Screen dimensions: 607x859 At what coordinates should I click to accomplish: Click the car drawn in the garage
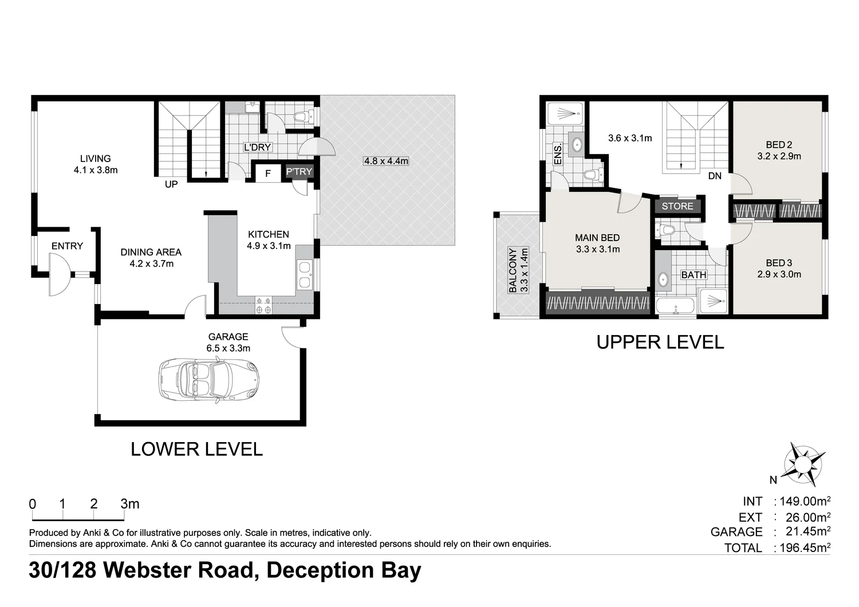pos(208,380)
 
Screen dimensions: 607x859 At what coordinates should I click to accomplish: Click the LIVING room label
pos(95,159)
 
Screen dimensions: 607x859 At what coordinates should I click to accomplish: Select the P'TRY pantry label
pos(299,172)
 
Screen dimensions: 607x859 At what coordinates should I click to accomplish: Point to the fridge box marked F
pos(267,174)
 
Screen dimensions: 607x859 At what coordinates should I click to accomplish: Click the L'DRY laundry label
pos(257,147)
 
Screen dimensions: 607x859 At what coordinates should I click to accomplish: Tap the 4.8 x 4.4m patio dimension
pos(386,161)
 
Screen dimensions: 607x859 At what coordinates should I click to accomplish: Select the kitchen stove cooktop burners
pos(264,305)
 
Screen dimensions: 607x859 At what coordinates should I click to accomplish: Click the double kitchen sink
pos(304,274)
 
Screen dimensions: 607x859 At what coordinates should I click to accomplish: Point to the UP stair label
pos(171,184)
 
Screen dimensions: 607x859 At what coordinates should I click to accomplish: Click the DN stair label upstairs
pos(715,176)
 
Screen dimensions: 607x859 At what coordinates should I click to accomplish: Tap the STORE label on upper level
pos(677,206)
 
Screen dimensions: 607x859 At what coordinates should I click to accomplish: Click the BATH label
pos(693,275)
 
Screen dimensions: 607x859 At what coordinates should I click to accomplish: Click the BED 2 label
pos(779,145)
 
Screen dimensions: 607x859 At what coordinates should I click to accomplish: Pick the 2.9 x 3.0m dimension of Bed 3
pos(779,274)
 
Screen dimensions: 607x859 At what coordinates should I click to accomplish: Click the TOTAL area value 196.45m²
pos(805,547)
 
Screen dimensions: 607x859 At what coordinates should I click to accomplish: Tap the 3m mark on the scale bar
pos(130,504)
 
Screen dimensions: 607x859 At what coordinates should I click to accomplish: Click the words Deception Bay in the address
pos(344,570)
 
